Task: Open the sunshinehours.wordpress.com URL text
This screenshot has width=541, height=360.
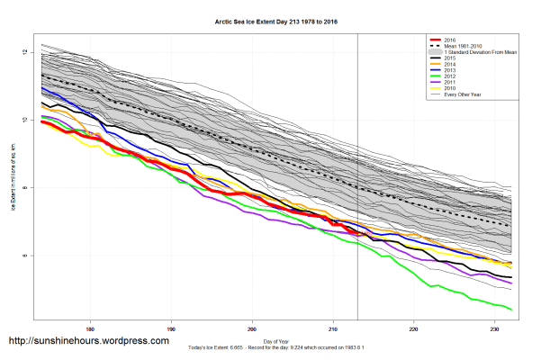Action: click(88, 341)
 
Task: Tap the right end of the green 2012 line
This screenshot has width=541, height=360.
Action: click(512, 310)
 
